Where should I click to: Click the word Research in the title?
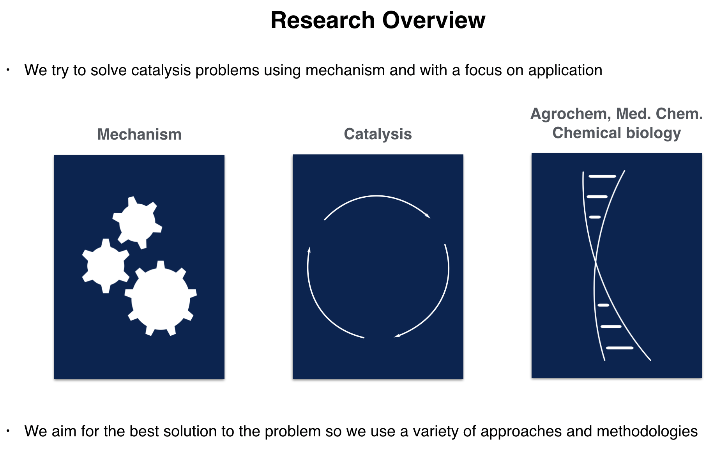tap(322, 20)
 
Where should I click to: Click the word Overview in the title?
tap(433, 20)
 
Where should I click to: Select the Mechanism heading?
tap(139, 135)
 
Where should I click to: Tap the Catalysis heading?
tap(378, 134)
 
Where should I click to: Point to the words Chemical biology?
tap(616, 133)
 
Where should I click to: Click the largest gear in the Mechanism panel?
tap(161, 299)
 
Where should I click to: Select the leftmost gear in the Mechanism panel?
tap(106, 266)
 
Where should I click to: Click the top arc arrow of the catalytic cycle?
tap(376, 196)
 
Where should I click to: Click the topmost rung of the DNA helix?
tap(602, 176)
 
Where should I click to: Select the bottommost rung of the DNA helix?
tap(620, 347)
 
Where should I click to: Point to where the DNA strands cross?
tap(596, 262)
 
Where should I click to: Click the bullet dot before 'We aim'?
tap(8, 431)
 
